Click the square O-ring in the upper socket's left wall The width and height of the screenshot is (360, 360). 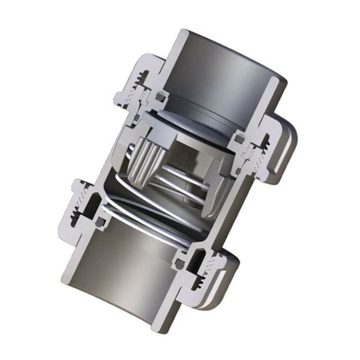(160, 96)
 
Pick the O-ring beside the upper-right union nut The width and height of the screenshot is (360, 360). (239, 139)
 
